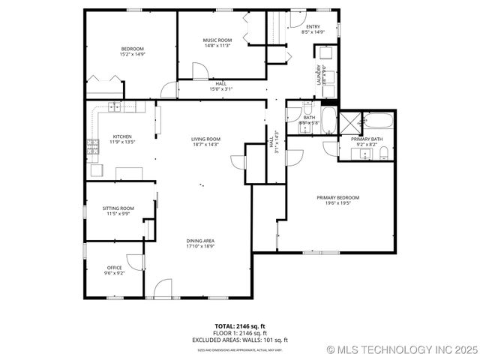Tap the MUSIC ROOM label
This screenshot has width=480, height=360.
pos(217,40)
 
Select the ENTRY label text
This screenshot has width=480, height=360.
pos(313,27)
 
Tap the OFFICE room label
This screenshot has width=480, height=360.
pos(114,268)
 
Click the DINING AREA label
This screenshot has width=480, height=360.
pos(200,241)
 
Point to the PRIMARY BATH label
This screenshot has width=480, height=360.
pos(367,139)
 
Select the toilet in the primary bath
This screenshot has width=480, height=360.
pos(383,154)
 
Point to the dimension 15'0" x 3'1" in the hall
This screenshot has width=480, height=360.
pos(220,89)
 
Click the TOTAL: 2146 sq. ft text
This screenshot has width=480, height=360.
pos(240,326)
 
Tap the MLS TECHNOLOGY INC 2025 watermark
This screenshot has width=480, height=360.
pos(401,349)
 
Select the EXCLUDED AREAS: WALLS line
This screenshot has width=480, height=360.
pos(240,340)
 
